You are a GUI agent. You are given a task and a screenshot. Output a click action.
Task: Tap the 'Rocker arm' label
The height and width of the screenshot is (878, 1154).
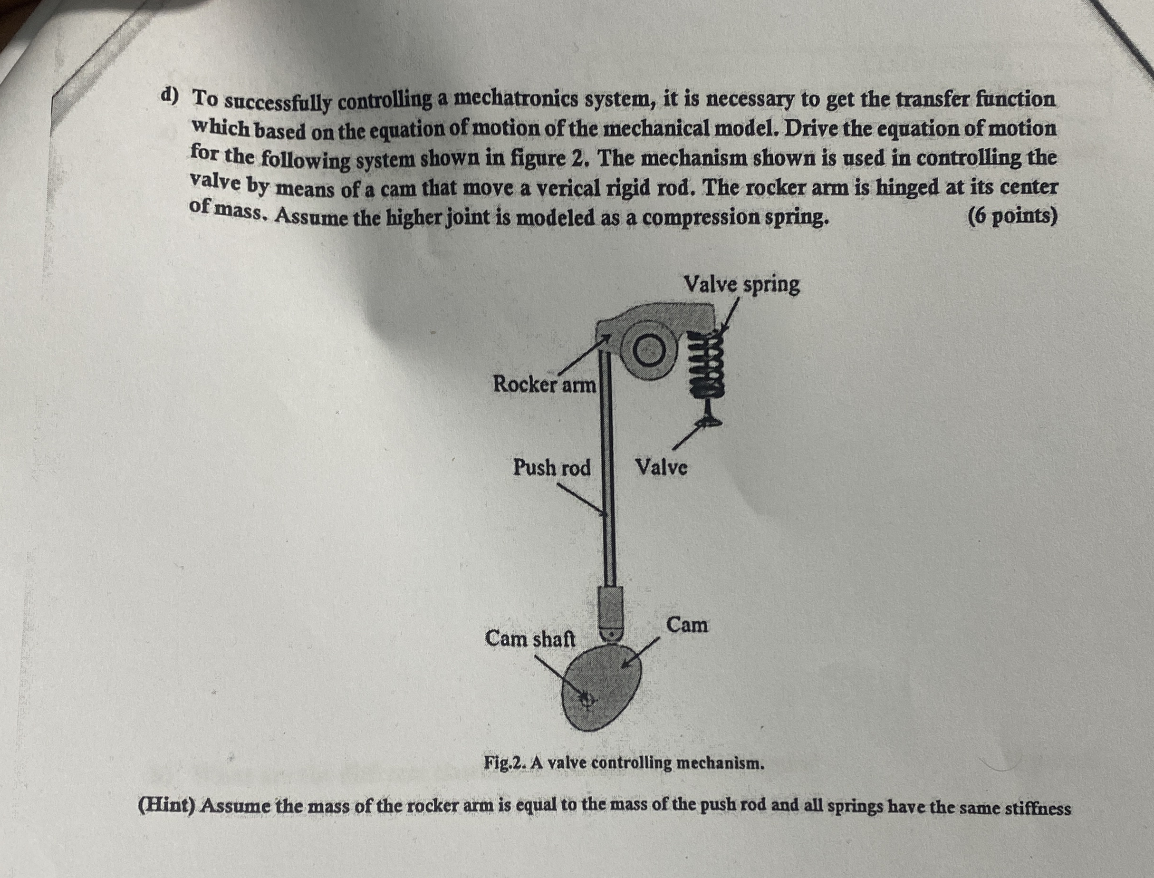click(545, 385)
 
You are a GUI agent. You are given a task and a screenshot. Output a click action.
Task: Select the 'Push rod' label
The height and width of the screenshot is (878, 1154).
click(552, 467)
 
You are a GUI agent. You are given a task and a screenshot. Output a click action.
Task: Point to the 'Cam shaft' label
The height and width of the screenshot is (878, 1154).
click(530, 638)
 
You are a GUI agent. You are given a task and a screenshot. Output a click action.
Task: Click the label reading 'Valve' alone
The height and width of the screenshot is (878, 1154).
click(661, 467)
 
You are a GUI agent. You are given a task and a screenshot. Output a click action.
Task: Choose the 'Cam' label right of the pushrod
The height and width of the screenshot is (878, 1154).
click(687, 625)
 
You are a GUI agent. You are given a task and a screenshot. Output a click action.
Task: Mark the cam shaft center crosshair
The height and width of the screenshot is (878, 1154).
click(587, 699)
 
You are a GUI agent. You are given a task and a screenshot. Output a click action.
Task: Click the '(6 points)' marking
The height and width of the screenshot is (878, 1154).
click(1012, 216)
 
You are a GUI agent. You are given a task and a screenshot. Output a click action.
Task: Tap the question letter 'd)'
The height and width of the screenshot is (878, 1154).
click(169, 95)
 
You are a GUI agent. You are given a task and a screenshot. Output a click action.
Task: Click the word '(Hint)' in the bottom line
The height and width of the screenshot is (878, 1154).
click(167, 806)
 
